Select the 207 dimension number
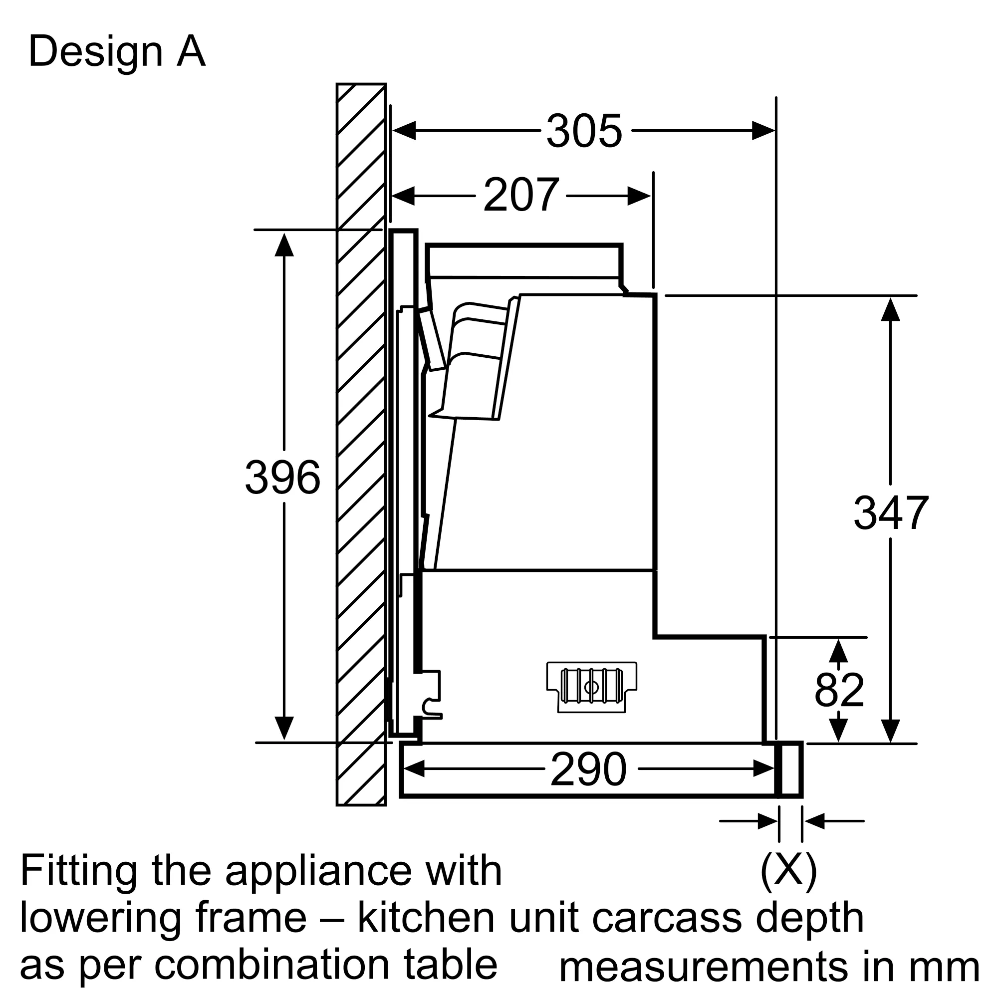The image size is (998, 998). coord(520,195)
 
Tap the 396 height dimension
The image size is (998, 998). coord(282,478)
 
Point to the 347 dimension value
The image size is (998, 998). coord(891,513)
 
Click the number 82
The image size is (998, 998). coord(839,690)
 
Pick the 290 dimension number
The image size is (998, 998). coord(588,769)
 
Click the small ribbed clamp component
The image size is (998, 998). coord(591,687)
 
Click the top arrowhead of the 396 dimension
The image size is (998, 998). coord(284,245)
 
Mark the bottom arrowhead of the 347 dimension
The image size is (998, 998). coord(891,731)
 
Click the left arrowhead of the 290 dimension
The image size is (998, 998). coord(413,769)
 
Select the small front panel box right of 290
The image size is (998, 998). coord(791,769)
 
